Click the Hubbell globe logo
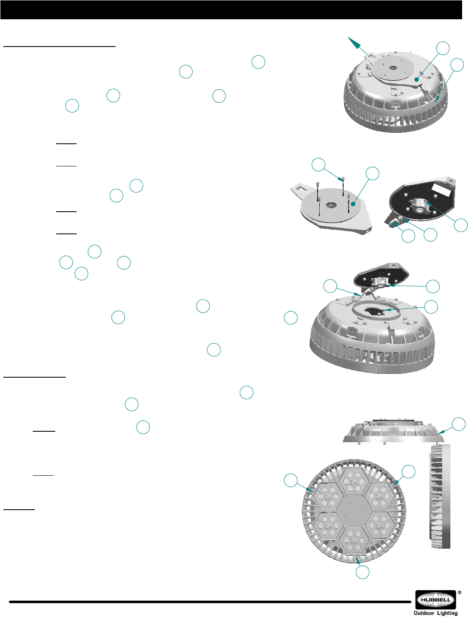click(x=435, y=599)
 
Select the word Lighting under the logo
click(x=447, y=613)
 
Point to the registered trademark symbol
click(x=460, y=593)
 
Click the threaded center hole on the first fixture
click(x=392, y=68)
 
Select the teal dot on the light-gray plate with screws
click(x=353, y=204)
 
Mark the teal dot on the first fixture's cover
click(x=417, y=80)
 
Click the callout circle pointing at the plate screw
click(x=318, y=165)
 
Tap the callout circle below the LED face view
click(x=363, y=572)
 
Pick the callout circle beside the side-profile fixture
click(x=459, y=424)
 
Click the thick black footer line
click(x=210, y=602)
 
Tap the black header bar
click(x=231, y=10)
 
